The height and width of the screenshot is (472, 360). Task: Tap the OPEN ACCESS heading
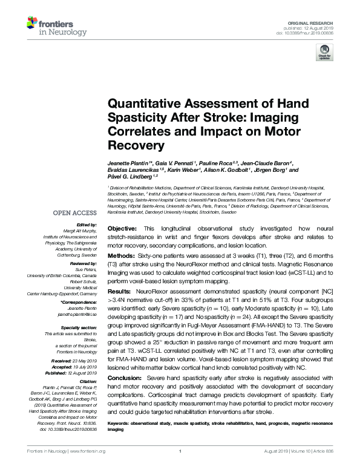[x=74, y=213]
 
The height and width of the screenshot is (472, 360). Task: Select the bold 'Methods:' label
[x=122, y=257]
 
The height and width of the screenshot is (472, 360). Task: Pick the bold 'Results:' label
[x=120, y=291]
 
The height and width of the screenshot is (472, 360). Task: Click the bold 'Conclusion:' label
[x=125, y=378]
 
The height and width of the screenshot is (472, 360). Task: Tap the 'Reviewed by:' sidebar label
[x=82, y=264]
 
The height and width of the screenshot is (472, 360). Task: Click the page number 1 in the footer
[x=180, y=451]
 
